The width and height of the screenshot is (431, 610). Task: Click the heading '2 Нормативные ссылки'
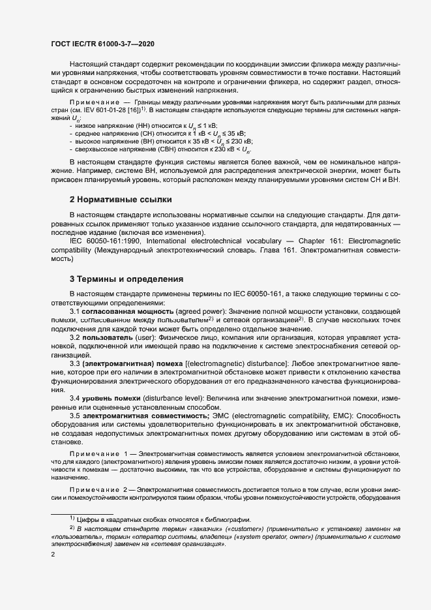[x=121, y=198]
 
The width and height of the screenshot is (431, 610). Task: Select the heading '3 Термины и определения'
[x=126, y=279]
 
